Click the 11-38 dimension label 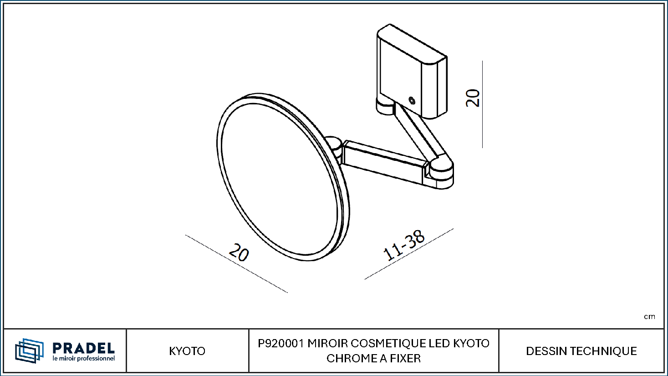[x=404, y=245]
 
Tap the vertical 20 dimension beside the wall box [x=473, y=98]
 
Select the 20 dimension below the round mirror [x=239, y=252]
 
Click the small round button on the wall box [x=412, y=101]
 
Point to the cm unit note [x=649, y=317]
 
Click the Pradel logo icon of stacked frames [x=29, y=350]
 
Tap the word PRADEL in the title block [x=83, y=348]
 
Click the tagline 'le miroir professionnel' [x=83, y=358]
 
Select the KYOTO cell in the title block [x=187, y=351]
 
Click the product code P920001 [x=281, y=344]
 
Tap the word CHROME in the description [x=349, y=358]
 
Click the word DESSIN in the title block [x=546, y=351]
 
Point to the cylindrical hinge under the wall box [x=385, y=107]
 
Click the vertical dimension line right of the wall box [x=482, y=104]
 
